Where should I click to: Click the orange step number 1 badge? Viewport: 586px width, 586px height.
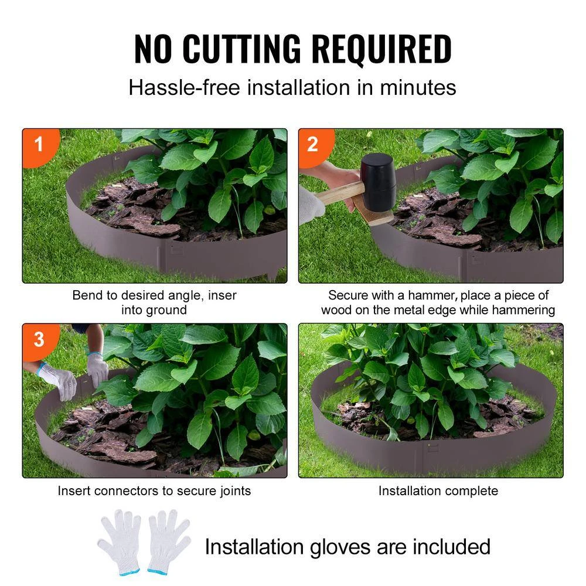coord(39,144)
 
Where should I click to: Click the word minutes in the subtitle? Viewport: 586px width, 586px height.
coord(418,88)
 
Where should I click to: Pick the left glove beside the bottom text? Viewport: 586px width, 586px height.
coord(120,541)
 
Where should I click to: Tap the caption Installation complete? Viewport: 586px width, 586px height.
coord(438,490)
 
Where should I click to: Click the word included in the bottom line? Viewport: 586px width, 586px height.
coord(451,547)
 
